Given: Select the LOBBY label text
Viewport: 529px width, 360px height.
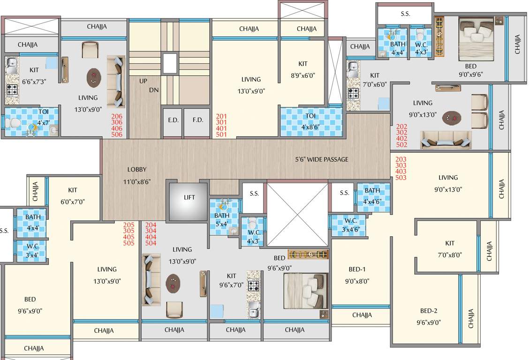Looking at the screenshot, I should click(x=137, y=169).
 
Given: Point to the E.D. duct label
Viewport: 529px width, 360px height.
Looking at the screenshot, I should click(x=173, y=120).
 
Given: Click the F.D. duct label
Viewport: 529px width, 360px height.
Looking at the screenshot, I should click(x=197, y=120).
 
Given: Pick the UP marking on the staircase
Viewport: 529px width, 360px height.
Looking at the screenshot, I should click(x=143, y=81).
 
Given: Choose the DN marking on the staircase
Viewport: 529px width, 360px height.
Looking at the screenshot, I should click(x=153, y=90).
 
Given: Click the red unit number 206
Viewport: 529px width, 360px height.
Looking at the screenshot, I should click(x=117, y=116).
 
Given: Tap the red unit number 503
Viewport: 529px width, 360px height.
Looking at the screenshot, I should click(x=401, y=178).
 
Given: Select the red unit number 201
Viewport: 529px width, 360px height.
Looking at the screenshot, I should click(x=221, y=116).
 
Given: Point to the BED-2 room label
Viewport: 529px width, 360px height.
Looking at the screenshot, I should click(x=429, y=311).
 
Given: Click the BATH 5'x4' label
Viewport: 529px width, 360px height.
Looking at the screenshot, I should click(x=222, y=219).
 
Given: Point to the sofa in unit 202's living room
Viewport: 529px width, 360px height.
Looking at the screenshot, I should click(x=446, y=139).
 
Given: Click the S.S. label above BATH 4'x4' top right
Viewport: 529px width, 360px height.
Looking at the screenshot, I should click(x=405, y=14).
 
